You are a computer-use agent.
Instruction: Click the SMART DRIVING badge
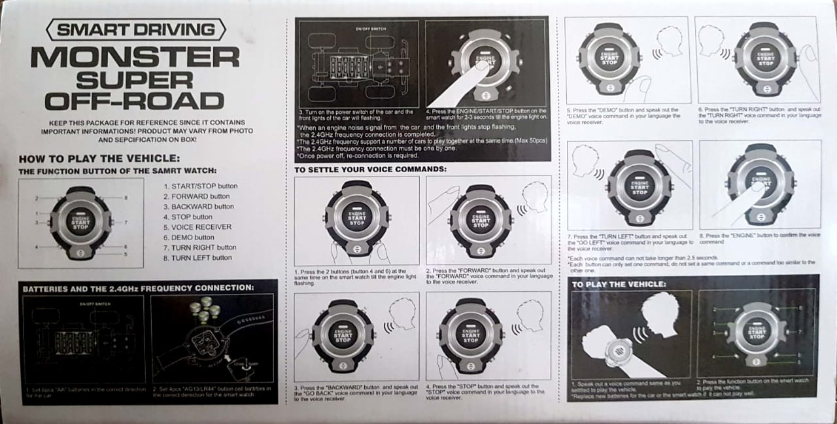pos(136,29)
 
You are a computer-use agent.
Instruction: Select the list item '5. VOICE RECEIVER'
pos(197,227)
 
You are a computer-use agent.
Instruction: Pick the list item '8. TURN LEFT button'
pos(197,258)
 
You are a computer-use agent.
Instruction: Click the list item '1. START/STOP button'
pos(201,186)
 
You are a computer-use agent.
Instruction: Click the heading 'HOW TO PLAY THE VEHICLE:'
pos(99,158)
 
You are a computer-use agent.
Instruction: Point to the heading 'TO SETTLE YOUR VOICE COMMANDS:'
pos(370,169)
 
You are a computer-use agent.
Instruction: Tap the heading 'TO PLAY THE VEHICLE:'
pos(619,285)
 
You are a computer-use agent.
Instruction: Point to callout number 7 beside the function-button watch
pos(125,222)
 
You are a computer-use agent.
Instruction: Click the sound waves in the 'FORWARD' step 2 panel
pos(522,211)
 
